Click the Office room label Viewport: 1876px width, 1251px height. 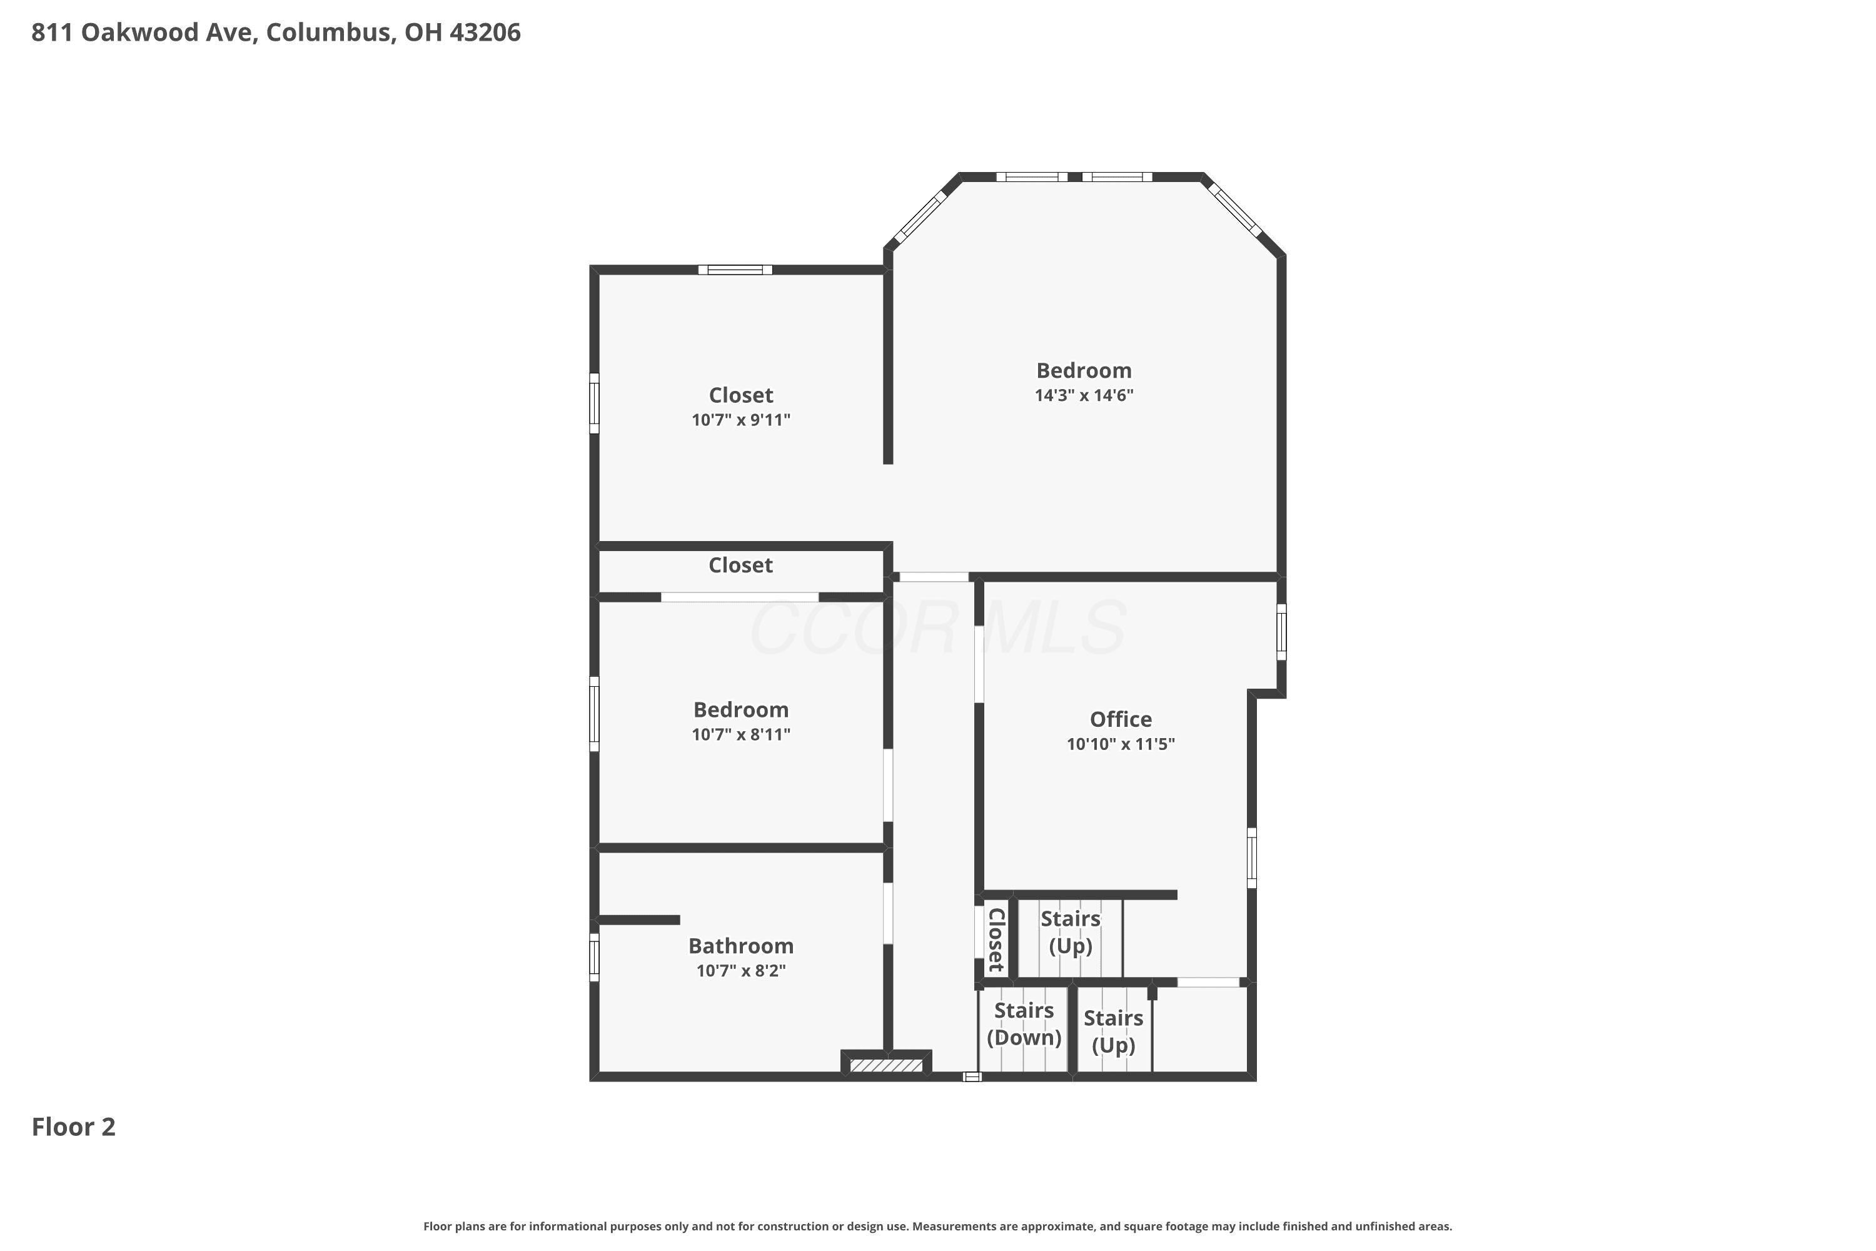coord(1121,720)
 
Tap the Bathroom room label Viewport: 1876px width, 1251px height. coord(741,946)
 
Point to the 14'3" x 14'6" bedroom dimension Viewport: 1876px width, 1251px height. coord(1084,395)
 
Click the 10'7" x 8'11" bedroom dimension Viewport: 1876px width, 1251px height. coord(741,734)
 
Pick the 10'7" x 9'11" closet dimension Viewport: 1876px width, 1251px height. coord(741,420)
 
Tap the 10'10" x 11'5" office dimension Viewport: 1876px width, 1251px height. coord(1121,744)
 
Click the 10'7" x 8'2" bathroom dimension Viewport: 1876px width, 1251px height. coord(741,970)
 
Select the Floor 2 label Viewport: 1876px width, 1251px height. coord(73,1127)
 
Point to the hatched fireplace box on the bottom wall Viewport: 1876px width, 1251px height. coord(886,1065)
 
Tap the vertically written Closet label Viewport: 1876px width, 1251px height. coord(996,940)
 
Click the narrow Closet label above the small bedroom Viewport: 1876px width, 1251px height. coord(741,565)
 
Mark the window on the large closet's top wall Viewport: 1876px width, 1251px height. coord(735,270)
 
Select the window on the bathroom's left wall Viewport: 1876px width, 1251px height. coord(594,958)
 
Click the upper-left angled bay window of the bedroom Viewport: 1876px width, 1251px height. coord(920,216)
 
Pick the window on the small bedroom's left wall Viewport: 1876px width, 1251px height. coord(594,714)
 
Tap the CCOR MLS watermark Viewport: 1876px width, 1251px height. coord(938,629)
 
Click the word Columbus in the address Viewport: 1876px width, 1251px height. coord(330,33)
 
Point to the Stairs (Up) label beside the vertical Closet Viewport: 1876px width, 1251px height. coord(1071,933)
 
